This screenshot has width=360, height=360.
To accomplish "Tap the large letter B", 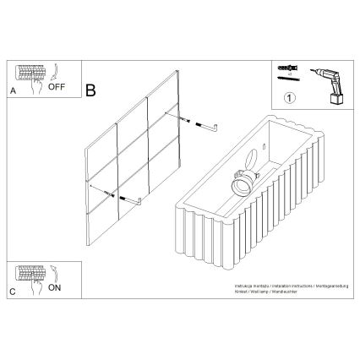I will pos(90,88).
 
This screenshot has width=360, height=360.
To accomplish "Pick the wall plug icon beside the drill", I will pos(286,67).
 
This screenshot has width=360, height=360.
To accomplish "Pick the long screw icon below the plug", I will pos(286,79).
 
